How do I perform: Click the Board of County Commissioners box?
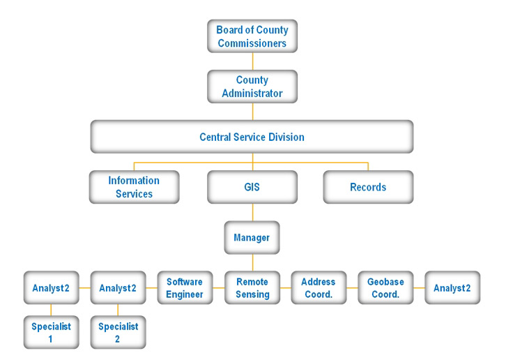(x=252, y=36)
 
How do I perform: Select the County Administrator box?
(x=252, y=87)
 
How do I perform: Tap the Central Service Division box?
(x=252, y=137)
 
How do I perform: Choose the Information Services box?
(x=134, y=187)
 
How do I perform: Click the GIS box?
(x=252, y=187)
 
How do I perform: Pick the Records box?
(x=368, y=187)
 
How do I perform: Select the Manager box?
(x=252, y=238)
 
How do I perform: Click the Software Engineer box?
(x=185, y=288)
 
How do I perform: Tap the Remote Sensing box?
(x=252, y=288)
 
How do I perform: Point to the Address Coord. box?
(x=319, y=288)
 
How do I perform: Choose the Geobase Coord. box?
(x=385, y=288)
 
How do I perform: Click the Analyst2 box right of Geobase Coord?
(x=452, y=288)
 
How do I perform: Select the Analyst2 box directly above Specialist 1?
(x=51, y=288)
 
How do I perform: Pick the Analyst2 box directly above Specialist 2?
(x=118, y=288)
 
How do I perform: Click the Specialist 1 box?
(x=51, y=332)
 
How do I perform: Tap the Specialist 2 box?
(x=118, y=332)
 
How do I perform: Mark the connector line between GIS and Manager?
(x=252, y=212)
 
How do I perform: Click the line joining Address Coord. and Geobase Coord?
(x=352, y=288)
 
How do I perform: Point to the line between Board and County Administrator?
(x=252, y=61)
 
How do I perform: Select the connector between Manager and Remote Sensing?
(x=252, y=262)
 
